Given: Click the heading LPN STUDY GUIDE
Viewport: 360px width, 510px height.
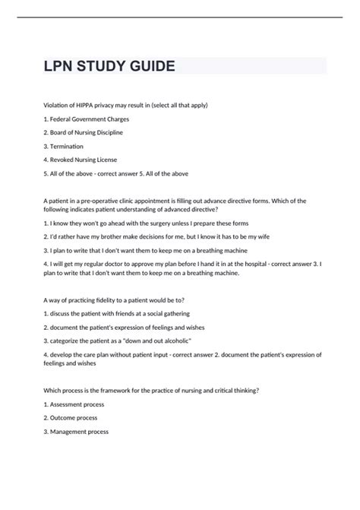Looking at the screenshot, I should click(109, 66).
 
